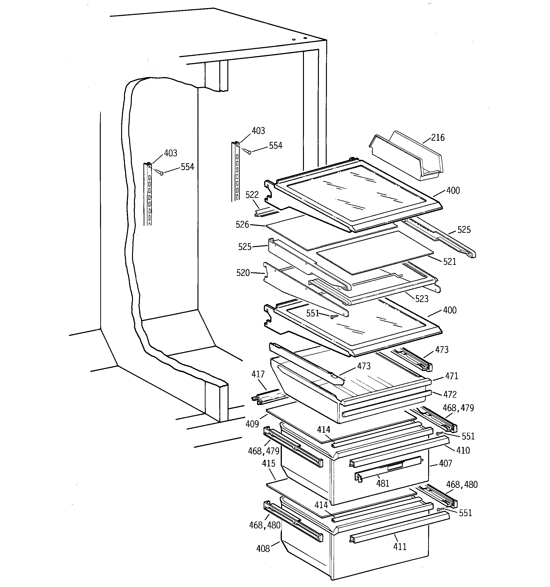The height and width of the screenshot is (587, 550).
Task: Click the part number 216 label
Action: [x=438, y=138]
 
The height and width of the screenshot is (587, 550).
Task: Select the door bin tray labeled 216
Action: [x=407, y=158]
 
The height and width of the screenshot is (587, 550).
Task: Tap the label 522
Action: [x=252, y=195]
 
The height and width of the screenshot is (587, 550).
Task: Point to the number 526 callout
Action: [x=242, y=225]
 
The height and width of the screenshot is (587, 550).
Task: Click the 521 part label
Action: [x=449, y=262]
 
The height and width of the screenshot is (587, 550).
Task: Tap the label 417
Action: [x=258, y=374]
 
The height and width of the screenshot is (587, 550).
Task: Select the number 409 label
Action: [x=252, y=424]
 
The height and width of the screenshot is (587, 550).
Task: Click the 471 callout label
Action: [x=451, y=376]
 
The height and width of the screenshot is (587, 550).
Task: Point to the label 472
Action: [x=450, y=395]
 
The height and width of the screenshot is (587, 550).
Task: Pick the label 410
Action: [x=463, y=450]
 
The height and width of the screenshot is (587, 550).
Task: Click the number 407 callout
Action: [x=445, y=464]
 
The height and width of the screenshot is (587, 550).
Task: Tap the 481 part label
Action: [x=383, y=483]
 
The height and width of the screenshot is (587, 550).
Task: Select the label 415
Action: [x=269, y=463]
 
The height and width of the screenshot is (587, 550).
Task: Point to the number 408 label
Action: [x=263, y=549]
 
